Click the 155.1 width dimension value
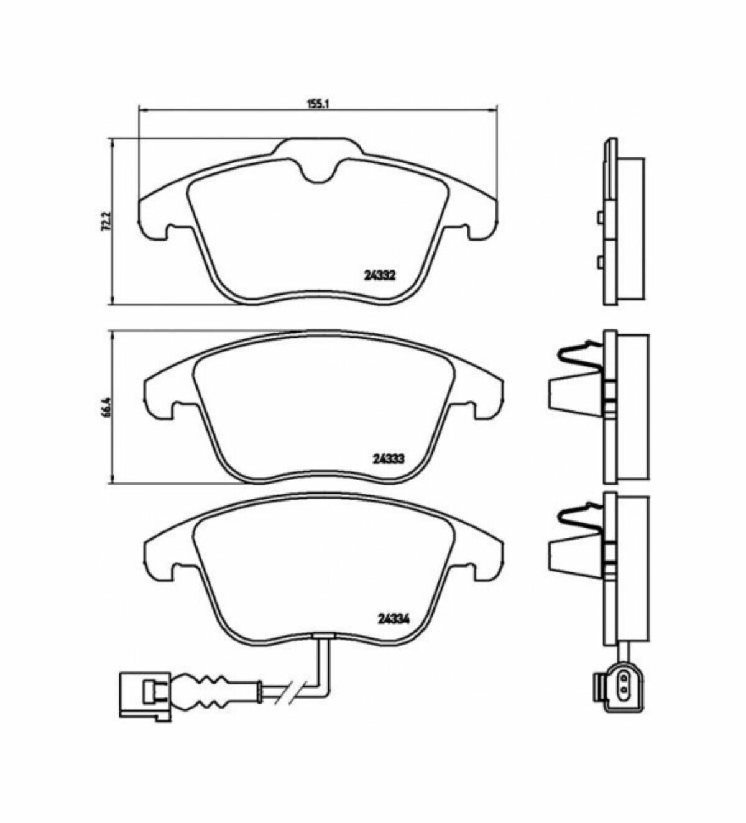coord(318,104)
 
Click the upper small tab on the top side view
coord(600,217)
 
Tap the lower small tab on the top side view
coord(600,263)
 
